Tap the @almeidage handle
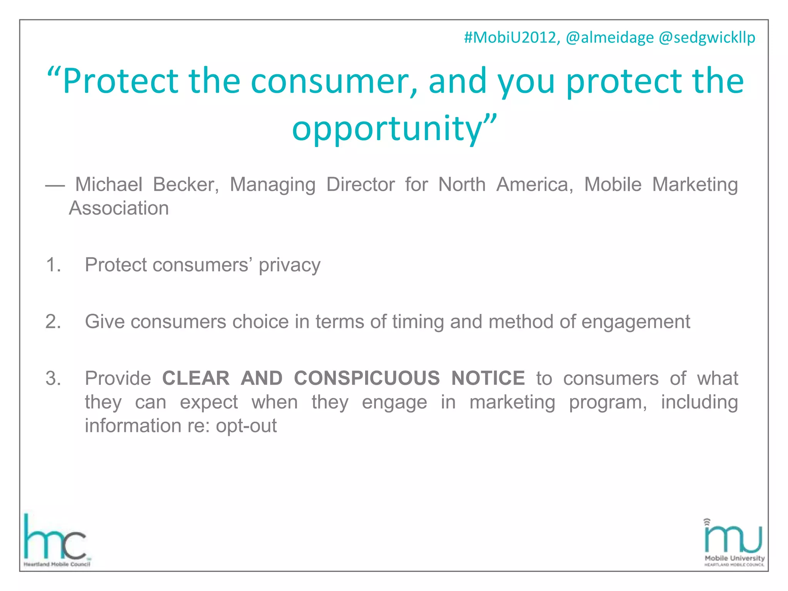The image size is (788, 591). [x=609, y=38]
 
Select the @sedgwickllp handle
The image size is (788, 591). [x=707, y=38]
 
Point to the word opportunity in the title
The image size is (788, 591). [x=387, y=129]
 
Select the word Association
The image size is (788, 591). [x=119, y=208]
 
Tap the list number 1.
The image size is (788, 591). [x=53, y=265]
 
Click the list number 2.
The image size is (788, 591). [x=53, y=322]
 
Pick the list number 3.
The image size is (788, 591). [x=53, y=378]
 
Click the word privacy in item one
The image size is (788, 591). [x=289, y=265]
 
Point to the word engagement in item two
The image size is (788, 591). [x=636, y=322]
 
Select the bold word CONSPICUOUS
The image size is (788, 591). [x=367, y=378]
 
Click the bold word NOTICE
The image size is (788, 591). [x=488, y=378]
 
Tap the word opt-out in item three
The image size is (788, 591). [x=246, y=426]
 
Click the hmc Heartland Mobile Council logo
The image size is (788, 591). [x=56, y=540]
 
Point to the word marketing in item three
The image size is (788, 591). [x=512, y=402]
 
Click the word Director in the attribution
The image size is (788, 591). [x=360, y=184]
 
